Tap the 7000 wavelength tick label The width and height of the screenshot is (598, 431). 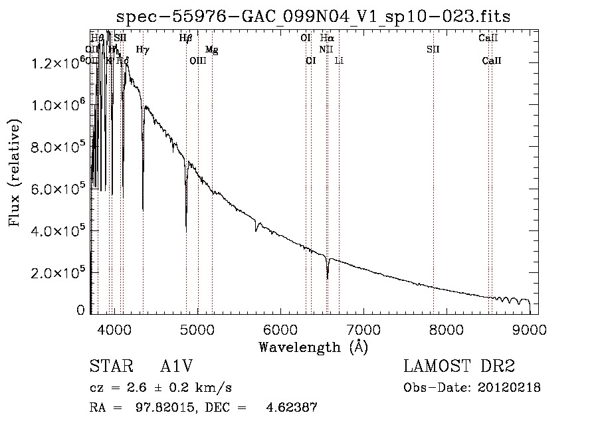(x=363, y=329)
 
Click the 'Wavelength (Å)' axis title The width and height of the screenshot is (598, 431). (x=313, y=347)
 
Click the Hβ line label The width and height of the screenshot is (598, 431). (x=185, y=38)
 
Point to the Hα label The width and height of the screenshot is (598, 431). (x=327, y=38)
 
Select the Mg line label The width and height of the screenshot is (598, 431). (x=211, y=49)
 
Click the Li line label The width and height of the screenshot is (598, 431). (x=339, y=60)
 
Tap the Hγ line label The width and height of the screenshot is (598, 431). (x=142, y=49)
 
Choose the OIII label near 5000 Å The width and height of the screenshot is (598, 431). (x=198, y=60)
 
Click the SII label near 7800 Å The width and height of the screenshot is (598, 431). (x=433, y=49)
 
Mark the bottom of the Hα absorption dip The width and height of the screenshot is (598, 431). (x=328, y=278)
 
